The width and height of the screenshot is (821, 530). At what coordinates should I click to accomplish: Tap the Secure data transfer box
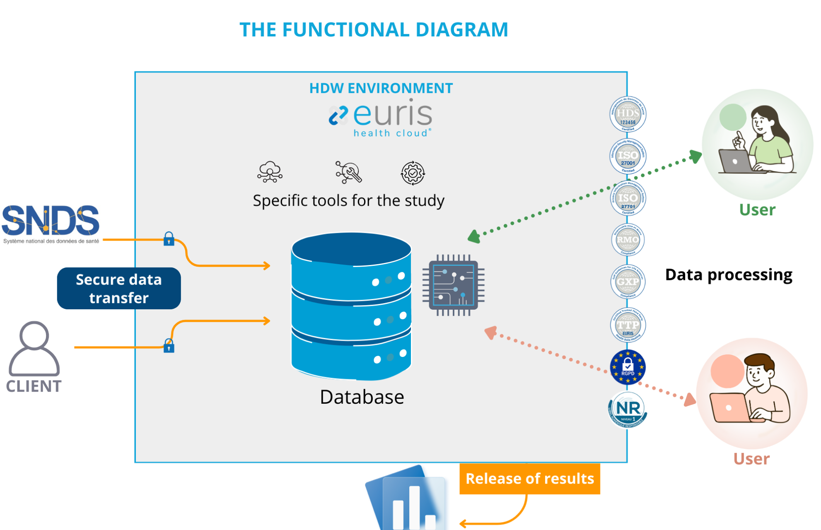coord(119,289)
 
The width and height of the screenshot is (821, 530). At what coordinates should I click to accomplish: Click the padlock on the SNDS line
coord(169,239)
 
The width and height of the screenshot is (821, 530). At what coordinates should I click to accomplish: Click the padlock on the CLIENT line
coord(169,346)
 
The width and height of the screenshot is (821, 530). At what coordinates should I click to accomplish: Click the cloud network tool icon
coord(270,172)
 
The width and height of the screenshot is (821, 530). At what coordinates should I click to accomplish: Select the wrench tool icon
coord(348,172)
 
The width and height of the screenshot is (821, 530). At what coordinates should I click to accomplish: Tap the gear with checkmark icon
coord(413,173)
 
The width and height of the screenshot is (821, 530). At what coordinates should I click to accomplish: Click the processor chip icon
coord(454,285)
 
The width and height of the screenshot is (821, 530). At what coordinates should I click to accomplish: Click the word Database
coord(362,397)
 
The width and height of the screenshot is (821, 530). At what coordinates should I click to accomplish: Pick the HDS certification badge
coord(628,114)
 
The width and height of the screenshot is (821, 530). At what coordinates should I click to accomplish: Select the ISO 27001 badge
coord(628,157)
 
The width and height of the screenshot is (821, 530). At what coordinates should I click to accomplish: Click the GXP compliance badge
coord(628,282)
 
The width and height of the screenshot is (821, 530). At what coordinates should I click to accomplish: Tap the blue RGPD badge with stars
coord(628,367)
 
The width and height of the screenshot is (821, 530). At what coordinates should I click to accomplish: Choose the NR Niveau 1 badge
coord(628,410)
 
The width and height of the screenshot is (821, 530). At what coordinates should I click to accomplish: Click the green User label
coord(757,210)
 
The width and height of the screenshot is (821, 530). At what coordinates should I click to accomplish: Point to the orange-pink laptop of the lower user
coord(730,407)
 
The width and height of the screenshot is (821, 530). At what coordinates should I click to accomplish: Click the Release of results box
coord(529,479)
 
